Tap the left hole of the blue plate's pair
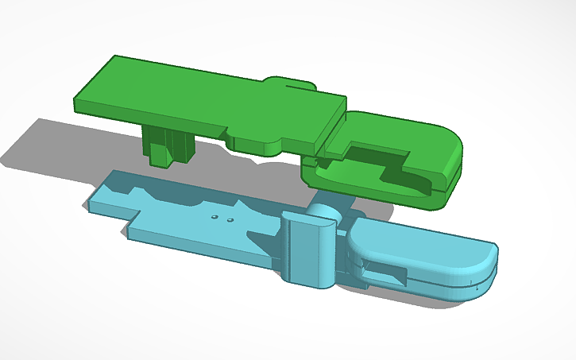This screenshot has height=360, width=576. [215, 216]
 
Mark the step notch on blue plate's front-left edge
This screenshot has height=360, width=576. [133, 224]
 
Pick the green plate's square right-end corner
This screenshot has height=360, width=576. [343, 99]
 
